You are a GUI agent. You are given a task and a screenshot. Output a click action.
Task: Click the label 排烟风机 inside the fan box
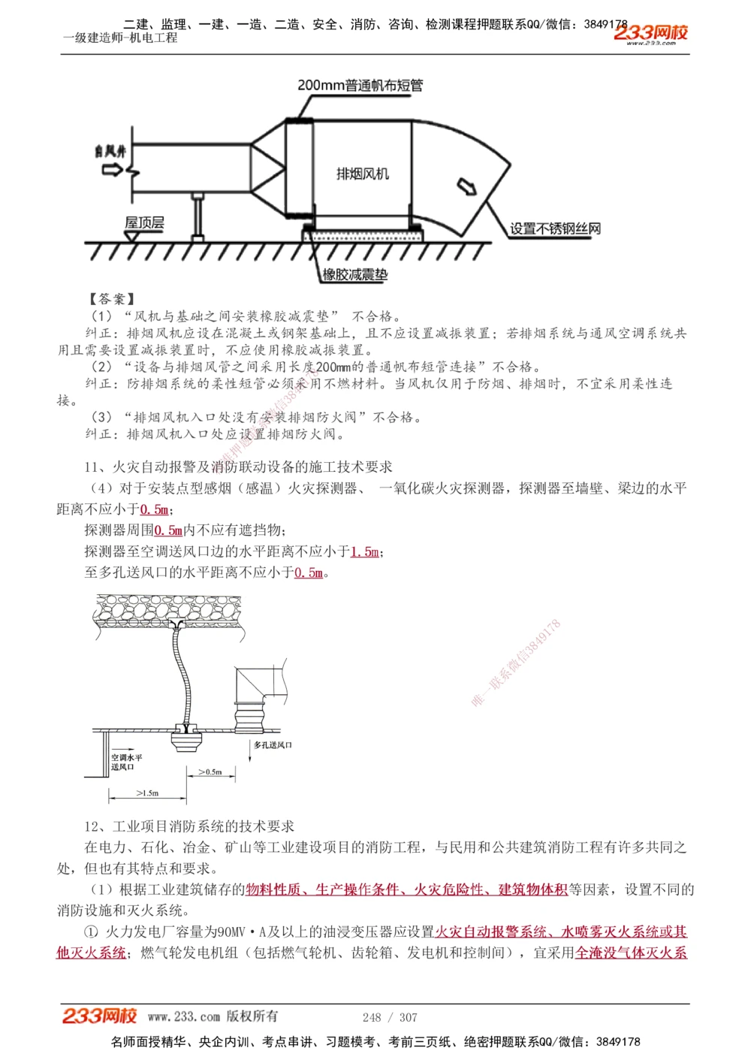(x=363, y=174)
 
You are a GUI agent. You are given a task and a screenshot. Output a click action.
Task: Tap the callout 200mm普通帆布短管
(x=360, y=86)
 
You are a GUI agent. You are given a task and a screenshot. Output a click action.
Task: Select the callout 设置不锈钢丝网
(x=555, y=228)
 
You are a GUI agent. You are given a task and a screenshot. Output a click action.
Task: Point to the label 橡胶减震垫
(x=355, y=275)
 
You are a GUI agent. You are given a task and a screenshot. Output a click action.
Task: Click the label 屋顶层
(x=144, y=222)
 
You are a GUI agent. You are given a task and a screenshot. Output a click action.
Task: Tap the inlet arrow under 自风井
(x=112, y=170)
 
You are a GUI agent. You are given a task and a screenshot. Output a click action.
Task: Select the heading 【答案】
(x=111, y=299)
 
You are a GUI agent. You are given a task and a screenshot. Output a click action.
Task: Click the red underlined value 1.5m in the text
(x=365, y=552)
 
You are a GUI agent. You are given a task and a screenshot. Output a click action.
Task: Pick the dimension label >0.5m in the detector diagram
(x=210, y=772)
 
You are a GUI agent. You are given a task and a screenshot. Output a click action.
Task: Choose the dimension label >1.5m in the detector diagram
(x=147, y=793)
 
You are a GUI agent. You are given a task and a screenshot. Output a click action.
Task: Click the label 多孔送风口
(x=273, y=745)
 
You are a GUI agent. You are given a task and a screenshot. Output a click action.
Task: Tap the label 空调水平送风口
(x=126, y=762)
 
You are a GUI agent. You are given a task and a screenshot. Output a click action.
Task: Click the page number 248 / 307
(x=390, y=1017)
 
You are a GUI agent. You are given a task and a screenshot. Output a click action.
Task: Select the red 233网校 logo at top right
(x=650, y=33)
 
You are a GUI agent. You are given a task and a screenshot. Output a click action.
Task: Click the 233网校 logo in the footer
(x=99, y=1016)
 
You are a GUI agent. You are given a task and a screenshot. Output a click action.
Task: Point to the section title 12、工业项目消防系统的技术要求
(x=189, y=826)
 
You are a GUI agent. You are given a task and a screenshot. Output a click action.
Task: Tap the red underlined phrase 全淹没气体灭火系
(x=631, y=953)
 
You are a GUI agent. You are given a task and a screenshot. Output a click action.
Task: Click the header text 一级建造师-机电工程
(x=120, y=38)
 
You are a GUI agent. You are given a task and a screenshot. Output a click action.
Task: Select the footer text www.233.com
(x=184, y=1017)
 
